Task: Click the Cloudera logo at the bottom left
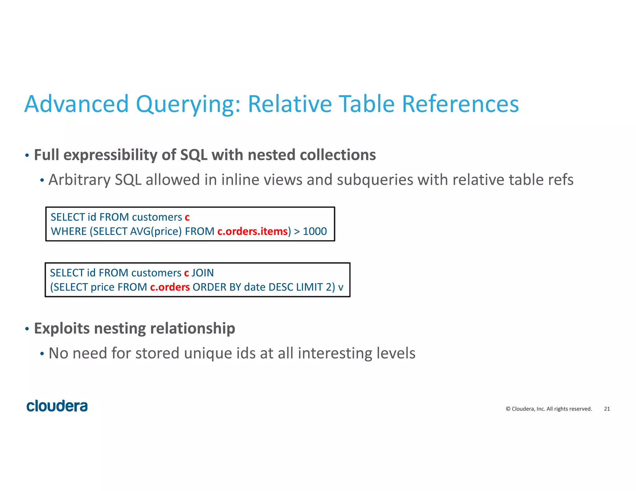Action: tap(57, 406)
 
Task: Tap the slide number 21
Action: tap(607, 409)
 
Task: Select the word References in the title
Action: tap(460, 104)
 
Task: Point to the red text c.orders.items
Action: tap(252, 232)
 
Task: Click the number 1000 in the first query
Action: tap(315, 232)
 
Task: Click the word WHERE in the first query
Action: tap(69, 232)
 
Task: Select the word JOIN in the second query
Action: tap(202, 273)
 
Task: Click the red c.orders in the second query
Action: tap(170, 287)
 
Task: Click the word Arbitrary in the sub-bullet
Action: tap(79, 180)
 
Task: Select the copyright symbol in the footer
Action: tap(508, 409)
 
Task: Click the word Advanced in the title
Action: tap(76, 104)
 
